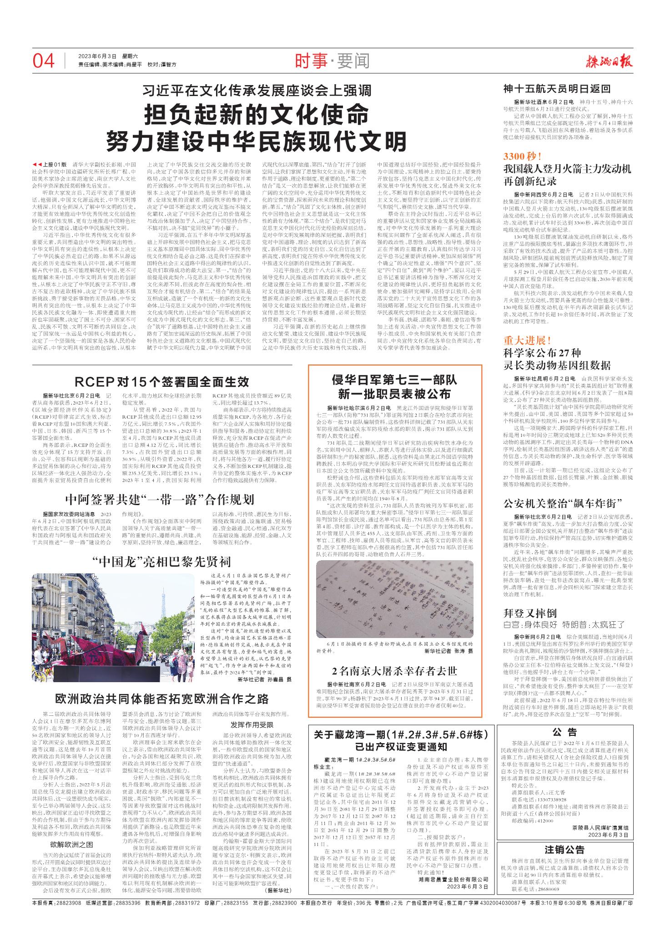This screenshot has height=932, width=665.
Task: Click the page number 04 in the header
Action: (x=44, y=61)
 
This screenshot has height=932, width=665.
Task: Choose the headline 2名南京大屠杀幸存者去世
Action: (x=394, y=671)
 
